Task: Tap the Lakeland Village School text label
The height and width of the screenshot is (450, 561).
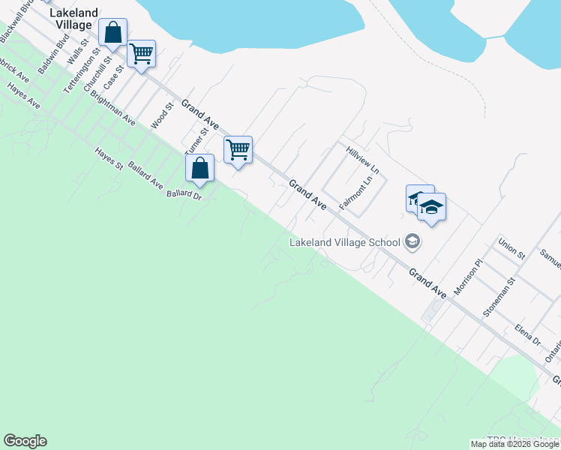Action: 345,241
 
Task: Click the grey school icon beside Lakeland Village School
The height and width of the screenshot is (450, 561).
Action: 412,241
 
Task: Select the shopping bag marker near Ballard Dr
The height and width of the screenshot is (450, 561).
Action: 200,169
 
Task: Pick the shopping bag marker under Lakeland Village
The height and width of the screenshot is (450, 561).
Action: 112,33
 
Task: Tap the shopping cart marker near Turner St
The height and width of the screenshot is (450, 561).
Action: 238,151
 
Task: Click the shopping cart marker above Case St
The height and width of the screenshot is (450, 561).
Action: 141,55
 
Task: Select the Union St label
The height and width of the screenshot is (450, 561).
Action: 511,248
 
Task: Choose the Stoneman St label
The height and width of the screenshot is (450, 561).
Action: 499,297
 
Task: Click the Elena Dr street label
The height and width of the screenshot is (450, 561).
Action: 527,334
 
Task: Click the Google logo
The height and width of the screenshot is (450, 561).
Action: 25,441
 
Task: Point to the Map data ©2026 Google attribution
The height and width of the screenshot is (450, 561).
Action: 514,444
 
